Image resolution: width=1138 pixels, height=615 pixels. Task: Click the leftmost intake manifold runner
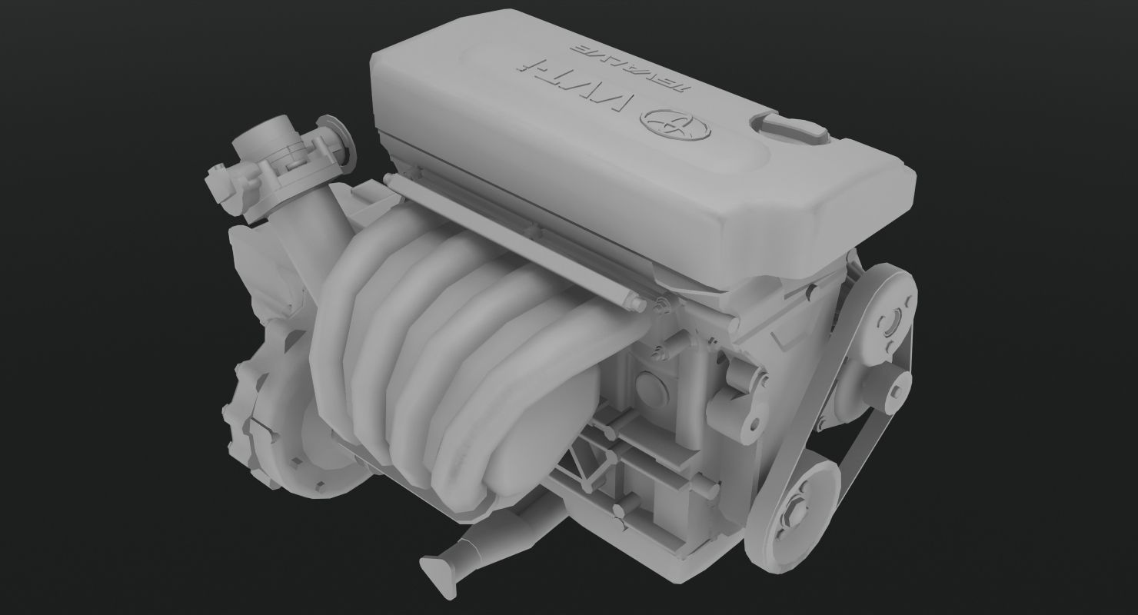click(346, 323)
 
